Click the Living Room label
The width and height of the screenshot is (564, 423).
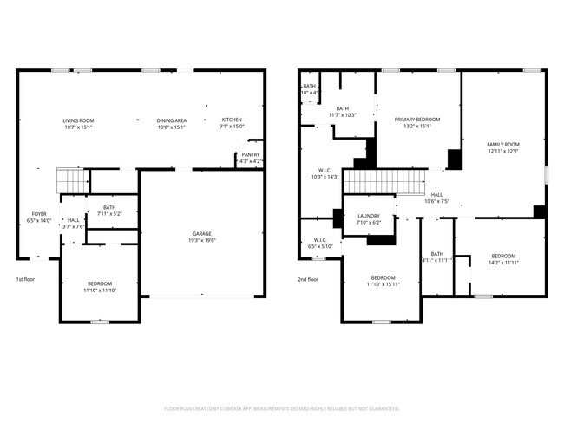pyautogui.click(x=78, y=120)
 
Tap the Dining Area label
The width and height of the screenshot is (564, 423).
pyautogui.click(x=171, y=120)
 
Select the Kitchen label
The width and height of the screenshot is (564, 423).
pyautogui.click(x=232, y=120)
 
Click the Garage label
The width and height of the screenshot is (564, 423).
pyautogui.click(x=202, y=234)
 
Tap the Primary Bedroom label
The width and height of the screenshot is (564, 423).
pyautogui.click(x=417, y=120)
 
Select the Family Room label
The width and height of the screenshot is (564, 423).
pyautogui.click(x=502, y=145)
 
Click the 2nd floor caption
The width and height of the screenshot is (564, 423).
pyautogui.click(x=307, y=279)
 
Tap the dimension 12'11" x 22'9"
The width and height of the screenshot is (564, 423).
pyautogui.click(x=502, y=152)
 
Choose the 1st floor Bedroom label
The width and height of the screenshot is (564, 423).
pyautogui.click(x=99, y=283)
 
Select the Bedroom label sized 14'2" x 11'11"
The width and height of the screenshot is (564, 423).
pyautogui.click(x=503, y=256)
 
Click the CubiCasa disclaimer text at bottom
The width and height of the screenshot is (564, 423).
pyautogui.click(x=282, y=408)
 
